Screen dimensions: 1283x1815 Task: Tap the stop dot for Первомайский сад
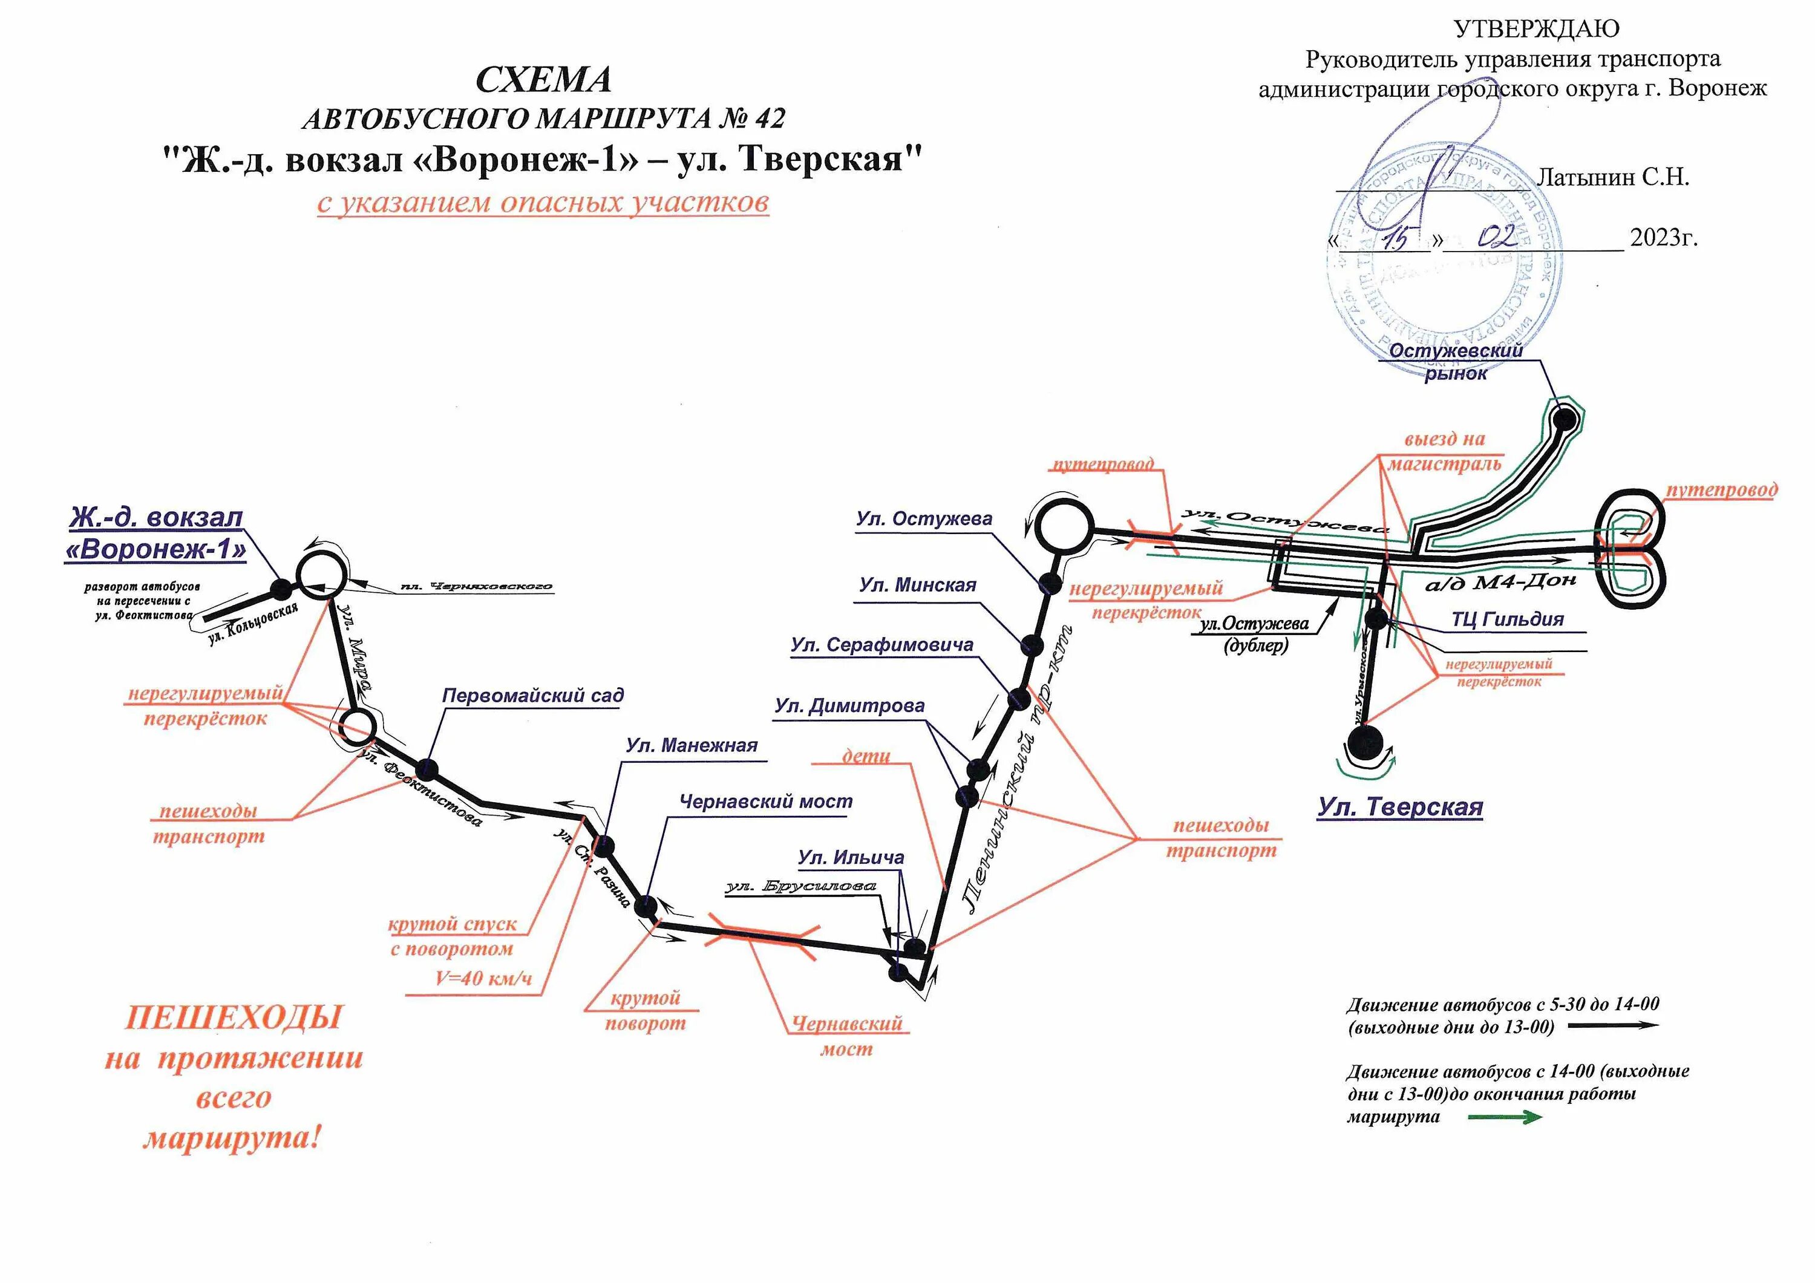427,768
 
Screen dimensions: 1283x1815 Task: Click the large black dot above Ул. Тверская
1365,741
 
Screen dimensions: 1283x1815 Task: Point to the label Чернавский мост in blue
766,801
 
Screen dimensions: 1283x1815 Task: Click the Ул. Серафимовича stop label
881,645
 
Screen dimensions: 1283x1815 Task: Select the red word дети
866,757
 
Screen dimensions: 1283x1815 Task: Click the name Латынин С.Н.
1613,177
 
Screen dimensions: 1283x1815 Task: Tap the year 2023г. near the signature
1664,237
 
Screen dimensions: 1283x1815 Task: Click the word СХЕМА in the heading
544,79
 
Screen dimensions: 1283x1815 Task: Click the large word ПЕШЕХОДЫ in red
234,1017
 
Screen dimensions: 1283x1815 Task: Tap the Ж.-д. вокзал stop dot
280,589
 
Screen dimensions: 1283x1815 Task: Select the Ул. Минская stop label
917,585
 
